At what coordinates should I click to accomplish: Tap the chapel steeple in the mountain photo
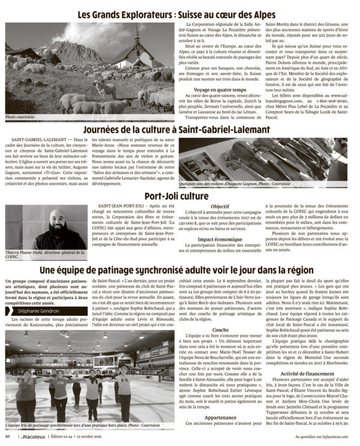pyautogui.click(x=138, y=37)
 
